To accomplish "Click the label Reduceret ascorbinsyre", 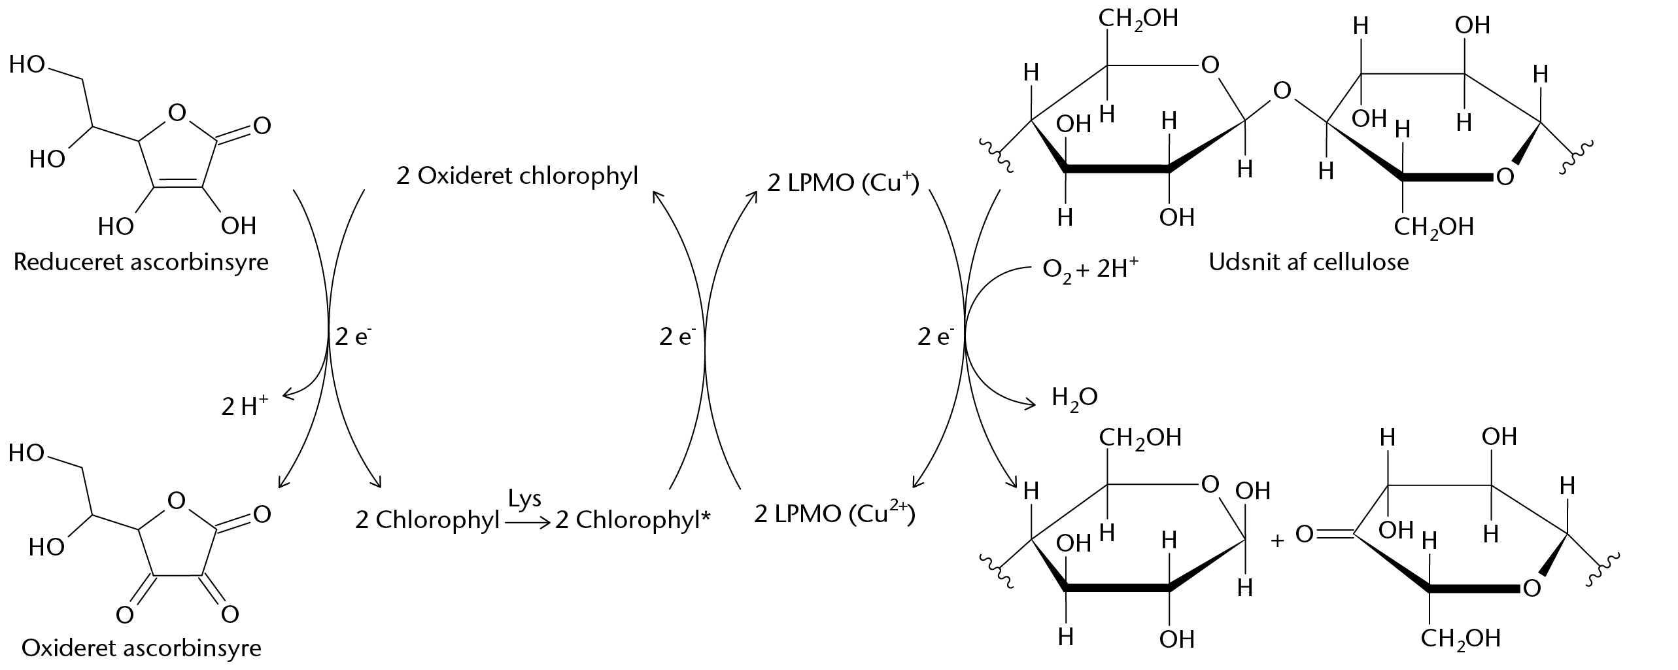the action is (141, 263).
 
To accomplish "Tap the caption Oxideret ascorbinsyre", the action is (141, 648).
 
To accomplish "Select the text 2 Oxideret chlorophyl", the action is (517, 177).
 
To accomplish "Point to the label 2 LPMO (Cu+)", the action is (843, 183).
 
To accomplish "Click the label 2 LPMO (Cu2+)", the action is (834, 514).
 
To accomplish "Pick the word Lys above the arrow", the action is (525, 499).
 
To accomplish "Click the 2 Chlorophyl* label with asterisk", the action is (633, 521).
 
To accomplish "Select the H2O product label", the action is (1075, 397).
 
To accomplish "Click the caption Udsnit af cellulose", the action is (1309, 262).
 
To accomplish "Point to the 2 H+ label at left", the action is (245, 406).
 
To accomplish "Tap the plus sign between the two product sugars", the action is (1276, 540).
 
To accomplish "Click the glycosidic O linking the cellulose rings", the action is (1282, 91).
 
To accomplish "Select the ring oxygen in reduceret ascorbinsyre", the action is (176, 113).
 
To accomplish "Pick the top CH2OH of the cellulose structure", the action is (1138, 18).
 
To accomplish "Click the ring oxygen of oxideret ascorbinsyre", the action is (176, 501).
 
